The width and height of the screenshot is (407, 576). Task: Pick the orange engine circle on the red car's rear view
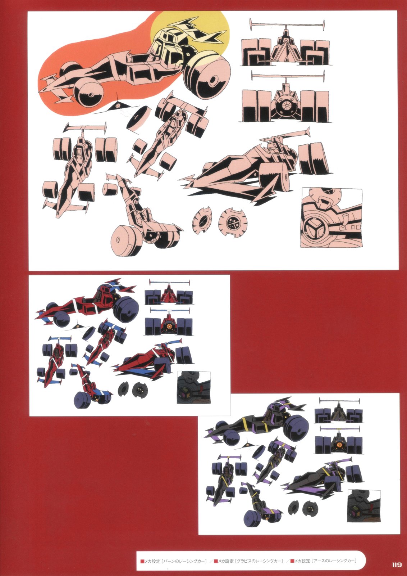coord(169,326)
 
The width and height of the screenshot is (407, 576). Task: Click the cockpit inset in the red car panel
coord(194,387)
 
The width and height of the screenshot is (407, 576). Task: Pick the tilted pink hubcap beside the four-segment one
coord(202,220)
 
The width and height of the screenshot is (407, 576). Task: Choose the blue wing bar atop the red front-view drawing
coord(169,282)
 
